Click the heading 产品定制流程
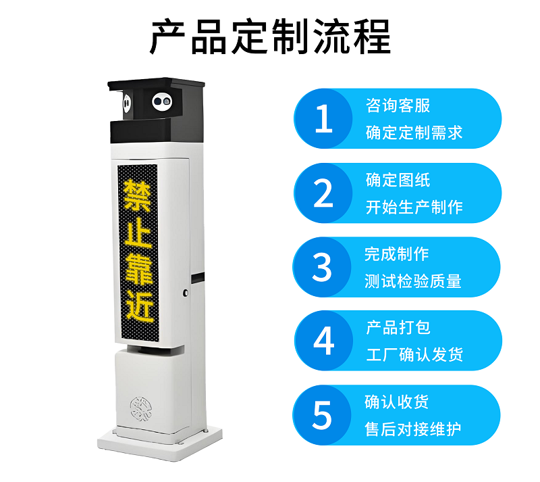[271, 37]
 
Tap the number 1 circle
[323, 118]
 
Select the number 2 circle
[323, 193]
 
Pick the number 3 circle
[322, 267]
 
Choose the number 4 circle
[324, 341]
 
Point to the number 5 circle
[322, 415]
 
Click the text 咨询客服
[398, 105]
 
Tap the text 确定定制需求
[414, 132]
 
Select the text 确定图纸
[398, 180]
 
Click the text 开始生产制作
[414, 207]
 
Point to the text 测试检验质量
[413, 281]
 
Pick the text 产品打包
[398, 327]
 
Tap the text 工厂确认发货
[414, 355]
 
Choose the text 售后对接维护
[413, 429]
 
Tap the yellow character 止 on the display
[138, 233]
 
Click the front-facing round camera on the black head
[162, 101]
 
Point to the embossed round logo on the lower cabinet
[141, 409]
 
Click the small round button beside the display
[186, 293]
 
